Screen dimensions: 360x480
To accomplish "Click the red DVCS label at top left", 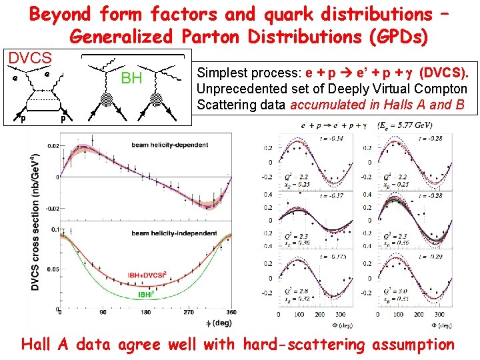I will (x=30, y=58).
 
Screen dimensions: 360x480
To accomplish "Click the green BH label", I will (x=131, y=79).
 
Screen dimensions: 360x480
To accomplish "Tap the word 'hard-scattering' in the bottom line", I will (x=304, y=344).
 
